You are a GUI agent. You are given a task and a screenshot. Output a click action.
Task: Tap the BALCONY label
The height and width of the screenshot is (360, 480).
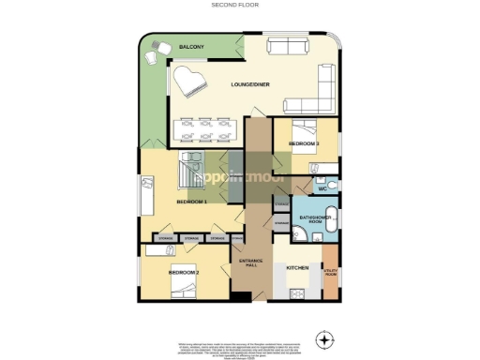[166, 46]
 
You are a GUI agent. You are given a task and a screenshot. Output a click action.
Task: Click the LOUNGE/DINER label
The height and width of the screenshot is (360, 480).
[250, 85]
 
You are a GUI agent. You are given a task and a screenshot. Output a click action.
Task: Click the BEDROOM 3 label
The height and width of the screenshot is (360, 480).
[304, 143]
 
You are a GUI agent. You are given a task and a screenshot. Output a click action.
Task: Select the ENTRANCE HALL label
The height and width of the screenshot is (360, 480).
[250, 262]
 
